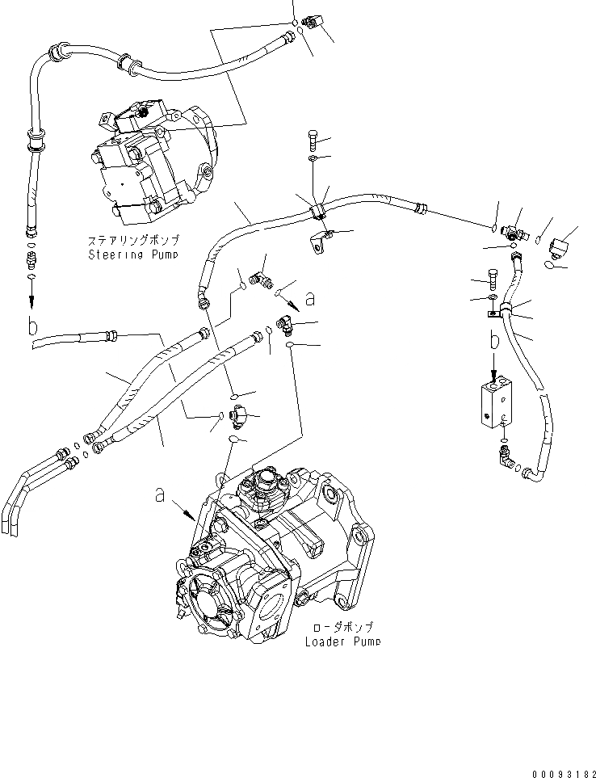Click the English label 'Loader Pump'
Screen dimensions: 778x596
(x=342, y=642)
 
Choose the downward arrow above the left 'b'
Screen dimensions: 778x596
(x=31, y=299)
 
